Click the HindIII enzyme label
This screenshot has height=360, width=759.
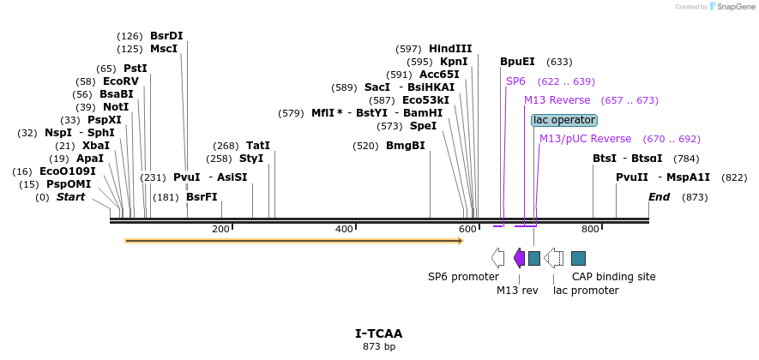pyautogui.click(x=450, y=49)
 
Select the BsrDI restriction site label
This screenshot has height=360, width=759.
pyautogui.click(x=166, y=36)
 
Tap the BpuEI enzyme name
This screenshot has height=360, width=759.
pyautogui.click(x=517, y=62)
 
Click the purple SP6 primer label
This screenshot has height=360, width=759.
pyautogui.click(x=515, y=81)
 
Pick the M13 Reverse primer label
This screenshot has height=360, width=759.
pyautogui.click(x=557, y=100)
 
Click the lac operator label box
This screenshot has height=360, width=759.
pyautogui.click(x=563, y=120)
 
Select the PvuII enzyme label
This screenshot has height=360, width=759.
pyautogui.click(x=633, y=177)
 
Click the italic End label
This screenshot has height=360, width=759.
pyautogui.click(x=659, y=197)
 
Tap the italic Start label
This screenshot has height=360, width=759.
pyautogui.click(x=71, y=197)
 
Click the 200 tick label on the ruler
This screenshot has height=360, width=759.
pyautogui.click(x=220, y=230)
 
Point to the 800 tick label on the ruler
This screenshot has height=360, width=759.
pyautogui.click(x=590, y=230)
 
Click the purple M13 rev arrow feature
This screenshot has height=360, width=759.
pyautogui.click(x=519, y=258)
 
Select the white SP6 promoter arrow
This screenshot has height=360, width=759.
pyautogui.click(x=497, y=258)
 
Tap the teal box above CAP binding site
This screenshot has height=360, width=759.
pyautogui.click(x=578, y=258)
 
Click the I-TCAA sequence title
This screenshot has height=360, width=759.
pyautogui.click(x=378, y=333)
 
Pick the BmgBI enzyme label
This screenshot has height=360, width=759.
pyautogui.click(x=405, y=146)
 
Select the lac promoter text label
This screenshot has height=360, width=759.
pyautogui.click(x=586, y=291)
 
